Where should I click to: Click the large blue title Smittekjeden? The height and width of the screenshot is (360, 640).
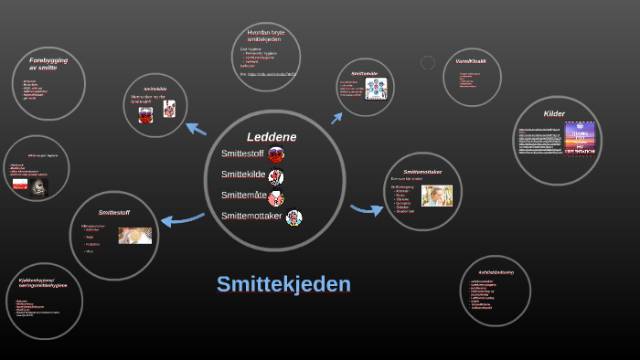coord(283,284)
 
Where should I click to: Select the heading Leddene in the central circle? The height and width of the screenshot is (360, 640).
coord(272,136)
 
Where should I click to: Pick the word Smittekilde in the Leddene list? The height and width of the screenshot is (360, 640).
coord(242,175)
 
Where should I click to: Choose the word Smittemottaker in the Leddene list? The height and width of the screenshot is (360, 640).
coord(251,217)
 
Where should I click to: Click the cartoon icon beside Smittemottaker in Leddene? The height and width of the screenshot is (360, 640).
coord(293,217)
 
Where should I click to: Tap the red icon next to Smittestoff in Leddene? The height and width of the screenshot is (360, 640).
coord(276,154)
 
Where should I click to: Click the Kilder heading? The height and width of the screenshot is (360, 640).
coord(554,114)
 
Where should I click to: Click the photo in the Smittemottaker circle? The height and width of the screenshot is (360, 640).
coord(436,196)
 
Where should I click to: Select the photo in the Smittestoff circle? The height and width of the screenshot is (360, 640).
coord(134,235)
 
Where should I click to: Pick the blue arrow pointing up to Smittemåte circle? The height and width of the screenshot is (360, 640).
coord(336,118)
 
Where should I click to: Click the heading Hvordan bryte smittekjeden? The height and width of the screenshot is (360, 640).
coord(267,36)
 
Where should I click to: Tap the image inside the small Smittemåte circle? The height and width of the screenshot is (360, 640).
coord(376,89)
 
